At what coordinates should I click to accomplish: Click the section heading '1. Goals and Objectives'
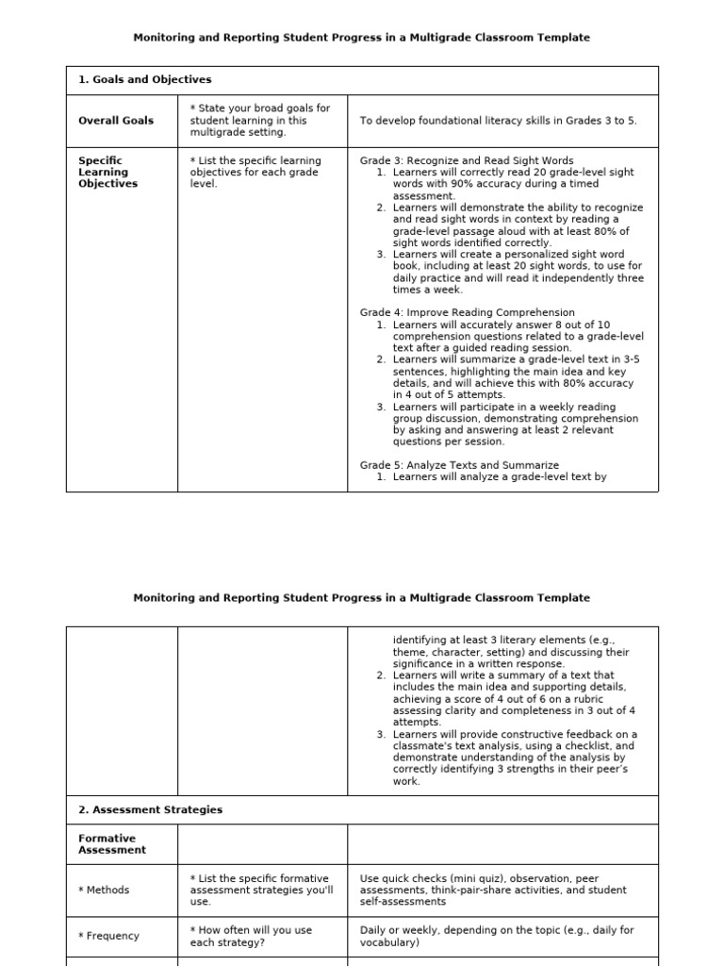(144, 80)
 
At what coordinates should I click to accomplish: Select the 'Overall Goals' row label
(115, 121)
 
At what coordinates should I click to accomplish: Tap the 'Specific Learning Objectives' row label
(107, 172)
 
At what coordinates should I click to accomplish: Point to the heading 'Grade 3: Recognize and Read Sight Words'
(467, 160)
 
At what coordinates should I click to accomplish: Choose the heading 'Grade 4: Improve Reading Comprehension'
(467, 312)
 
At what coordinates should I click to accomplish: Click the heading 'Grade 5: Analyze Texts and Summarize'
(459, 465)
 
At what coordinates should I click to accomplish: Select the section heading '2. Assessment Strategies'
(150, 809)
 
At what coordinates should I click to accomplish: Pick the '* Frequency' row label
(108, 936)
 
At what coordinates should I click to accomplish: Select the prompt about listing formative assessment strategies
(261, 890)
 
